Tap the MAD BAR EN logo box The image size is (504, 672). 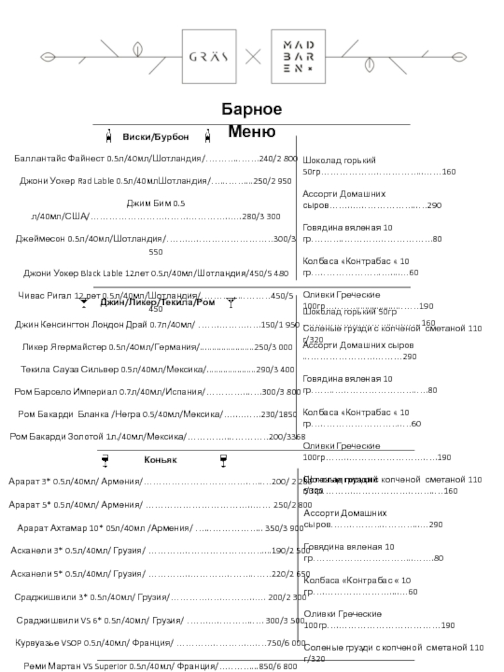[x=298, y=56]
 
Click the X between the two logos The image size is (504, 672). [x=253, y=57]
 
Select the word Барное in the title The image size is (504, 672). [x=251, y=109]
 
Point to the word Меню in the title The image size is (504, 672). [x=251, y=132]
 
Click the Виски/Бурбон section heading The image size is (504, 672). [x=156, y=137]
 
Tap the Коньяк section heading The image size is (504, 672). [x=160, y=460]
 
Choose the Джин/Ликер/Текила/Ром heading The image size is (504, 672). [x=157, y=303]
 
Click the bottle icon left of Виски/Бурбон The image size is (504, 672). [x=109, y=136]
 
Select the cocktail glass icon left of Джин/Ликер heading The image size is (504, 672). [x=84, y=304]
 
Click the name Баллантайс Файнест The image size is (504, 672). [x=60, y=159]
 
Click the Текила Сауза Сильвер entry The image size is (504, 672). [x=69, y=369]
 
